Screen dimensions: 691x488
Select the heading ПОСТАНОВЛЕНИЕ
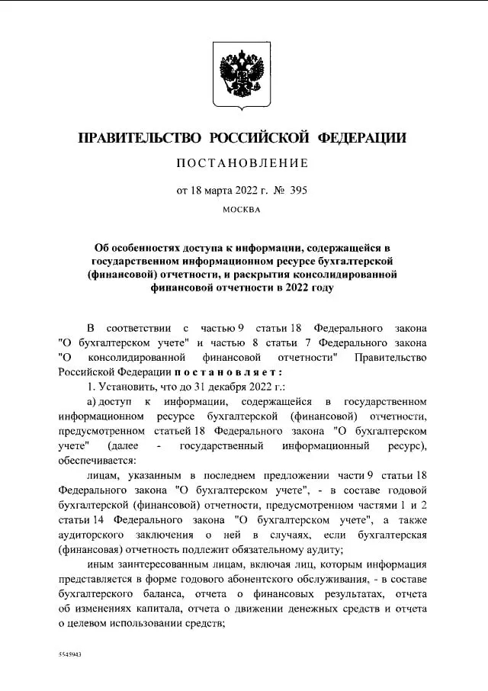pos(243,163)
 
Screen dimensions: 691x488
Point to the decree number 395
pos(300,188)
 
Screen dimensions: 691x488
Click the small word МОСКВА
pos(243,209)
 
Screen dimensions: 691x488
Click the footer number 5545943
pos(70,655)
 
